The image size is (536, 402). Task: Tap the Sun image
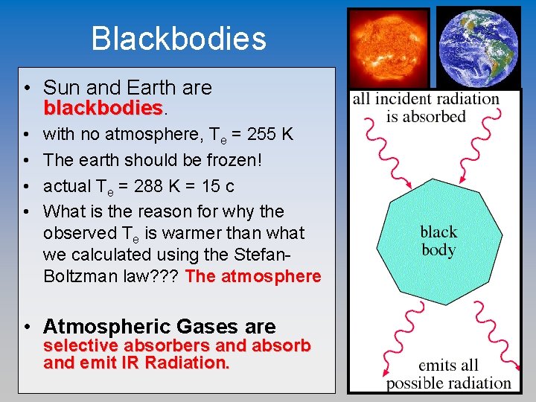389,47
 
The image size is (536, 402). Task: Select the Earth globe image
478,46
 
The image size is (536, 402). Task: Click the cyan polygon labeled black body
438,241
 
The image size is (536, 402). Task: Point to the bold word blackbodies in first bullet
103,109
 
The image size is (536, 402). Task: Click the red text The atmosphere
253,277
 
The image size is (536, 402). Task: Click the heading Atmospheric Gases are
159,326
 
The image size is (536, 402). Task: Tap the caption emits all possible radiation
448,374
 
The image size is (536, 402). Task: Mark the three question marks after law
165,277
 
